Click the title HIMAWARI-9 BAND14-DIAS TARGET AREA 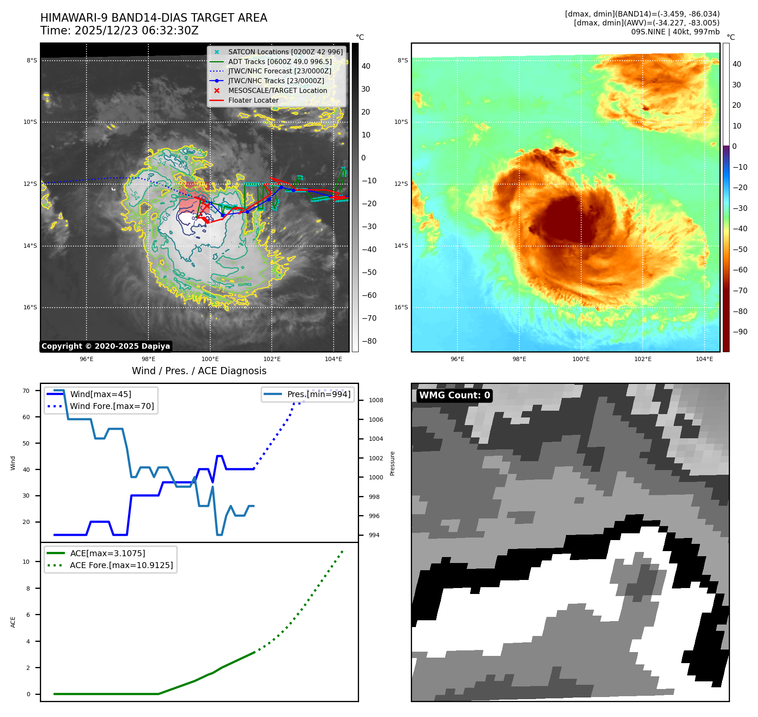153,18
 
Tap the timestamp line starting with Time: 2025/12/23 119,31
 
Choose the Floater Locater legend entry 253,100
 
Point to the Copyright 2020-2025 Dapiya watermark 106,346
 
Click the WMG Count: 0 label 454,395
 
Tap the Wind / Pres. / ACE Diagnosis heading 199,371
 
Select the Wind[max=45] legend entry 100,394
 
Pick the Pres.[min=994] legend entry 318,394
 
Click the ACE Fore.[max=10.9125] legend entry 121,565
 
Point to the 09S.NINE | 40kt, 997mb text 675,32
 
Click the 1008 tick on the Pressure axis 376,400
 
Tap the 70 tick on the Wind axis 26,391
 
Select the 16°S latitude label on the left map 30,307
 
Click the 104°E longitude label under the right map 704,359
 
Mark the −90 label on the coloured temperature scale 740,332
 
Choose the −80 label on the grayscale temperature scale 369,341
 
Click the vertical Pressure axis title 392,463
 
